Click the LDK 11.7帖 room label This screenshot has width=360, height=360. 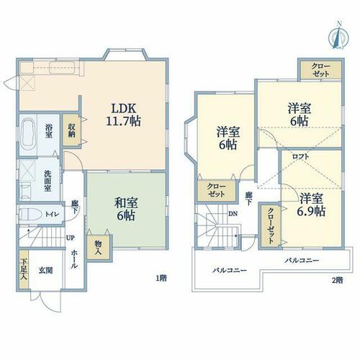point(123,115)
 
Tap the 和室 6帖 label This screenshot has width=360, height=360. point(126,209)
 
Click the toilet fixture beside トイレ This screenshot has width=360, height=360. point(30,214)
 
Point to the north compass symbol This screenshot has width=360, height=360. point(338,35)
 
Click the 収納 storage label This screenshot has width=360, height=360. point(71,130)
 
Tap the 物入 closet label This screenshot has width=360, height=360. point(99,248)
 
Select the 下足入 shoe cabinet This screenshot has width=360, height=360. point(24,269)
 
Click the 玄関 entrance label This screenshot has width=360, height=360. point(45,271)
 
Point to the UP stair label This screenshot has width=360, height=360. point(71,238)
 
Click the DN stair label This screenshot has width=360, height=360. point(233,214)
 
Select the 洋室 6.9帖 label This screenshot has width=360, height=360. point(311,204)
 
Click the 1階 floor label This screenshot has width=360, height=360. point(161,279)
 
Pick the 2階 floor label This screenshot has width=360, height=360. point(337,280)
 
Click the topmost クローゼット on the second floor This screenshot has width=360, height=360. point(320,70)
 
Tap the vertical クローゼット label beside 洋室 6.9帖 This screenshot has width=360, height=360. point(271,225)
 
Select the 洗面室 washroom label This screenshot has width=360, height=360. point(48,181)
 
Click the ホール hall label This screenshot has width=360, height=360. point(74,258)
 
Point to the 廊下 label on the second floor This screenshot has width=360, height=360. point(248,199)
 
